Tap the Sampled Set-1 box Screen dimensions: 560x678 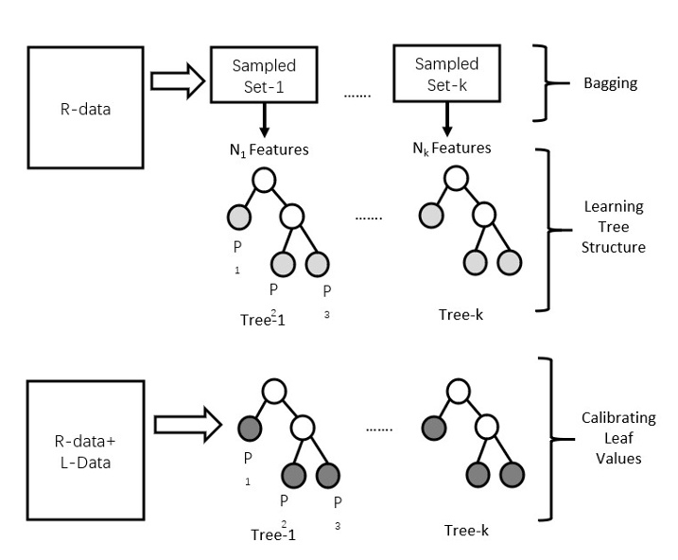(x=264, y=75)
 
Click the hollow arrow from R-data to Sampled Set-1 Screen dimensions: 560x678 (x=175, y=82)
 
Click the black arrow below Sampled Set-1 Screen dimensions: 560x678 (x=264, y=121)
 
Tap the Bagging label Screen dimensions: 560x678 (x=611, y=83)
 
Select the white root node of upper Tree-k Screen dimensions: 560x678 (x=458, y=179)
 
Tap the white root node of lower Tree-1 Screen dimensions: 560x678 (x=274, y=390)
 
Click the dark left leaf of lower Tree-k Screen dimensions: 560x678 (x=433, y=428)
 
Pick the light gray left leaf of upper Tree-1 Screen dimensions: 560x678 (x=237, y=218)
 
